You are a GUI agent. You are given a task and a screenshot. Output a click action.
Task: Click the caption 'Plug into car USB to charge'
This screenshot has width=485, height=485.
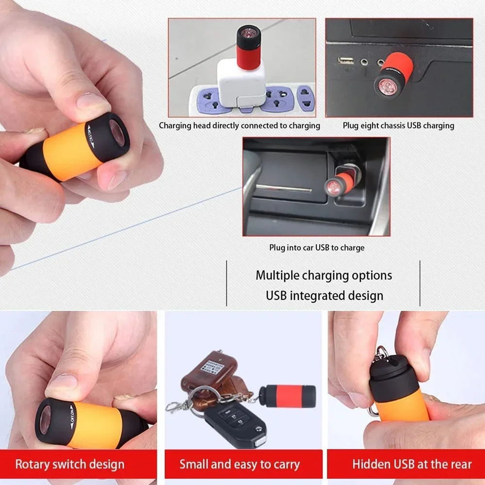tap(317, 247)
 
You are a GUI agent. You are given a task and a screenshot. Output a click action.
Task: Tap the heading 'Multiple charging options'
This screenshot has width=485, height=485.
tap(323, 275)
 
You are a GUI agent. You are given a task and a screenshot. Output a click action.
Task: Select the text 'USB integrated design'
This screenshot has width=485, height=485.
tap(324, 295)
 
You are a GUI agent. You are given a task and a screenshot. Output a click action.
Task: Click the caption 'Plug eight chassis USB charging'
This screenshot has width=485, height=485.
tap(398, 126)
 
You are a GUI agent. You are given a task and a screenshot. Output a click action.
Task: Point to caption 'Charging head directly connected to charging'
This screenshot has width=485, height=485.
tap(240, 126)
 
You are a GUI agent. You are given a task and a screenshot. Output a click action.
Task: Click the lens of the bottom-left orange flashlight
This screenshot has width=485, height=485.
tap(45, 418)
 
